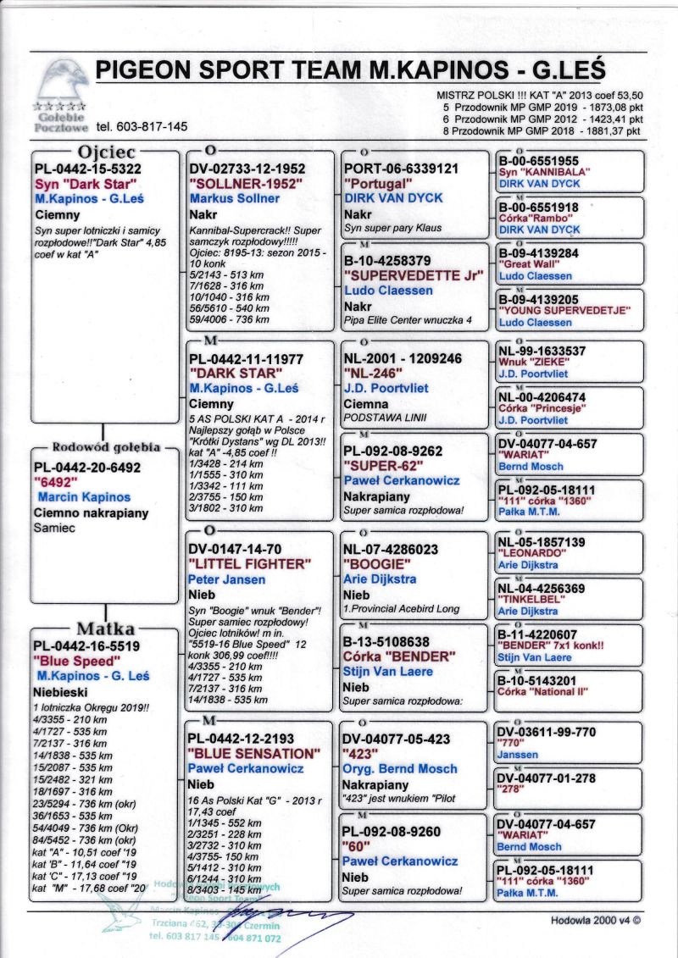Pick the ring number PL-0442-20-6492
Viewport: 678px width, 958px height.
[87, 467]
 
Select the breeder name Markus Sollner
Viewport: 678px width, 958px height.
[234, 198]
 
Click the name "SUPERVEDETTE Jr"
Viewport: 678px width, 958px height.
[414, 275]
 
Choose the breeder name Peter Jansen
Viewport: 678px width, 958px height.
[226, 579]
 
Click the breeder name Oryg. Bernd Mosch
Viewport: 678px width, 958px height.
[400, 768]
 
